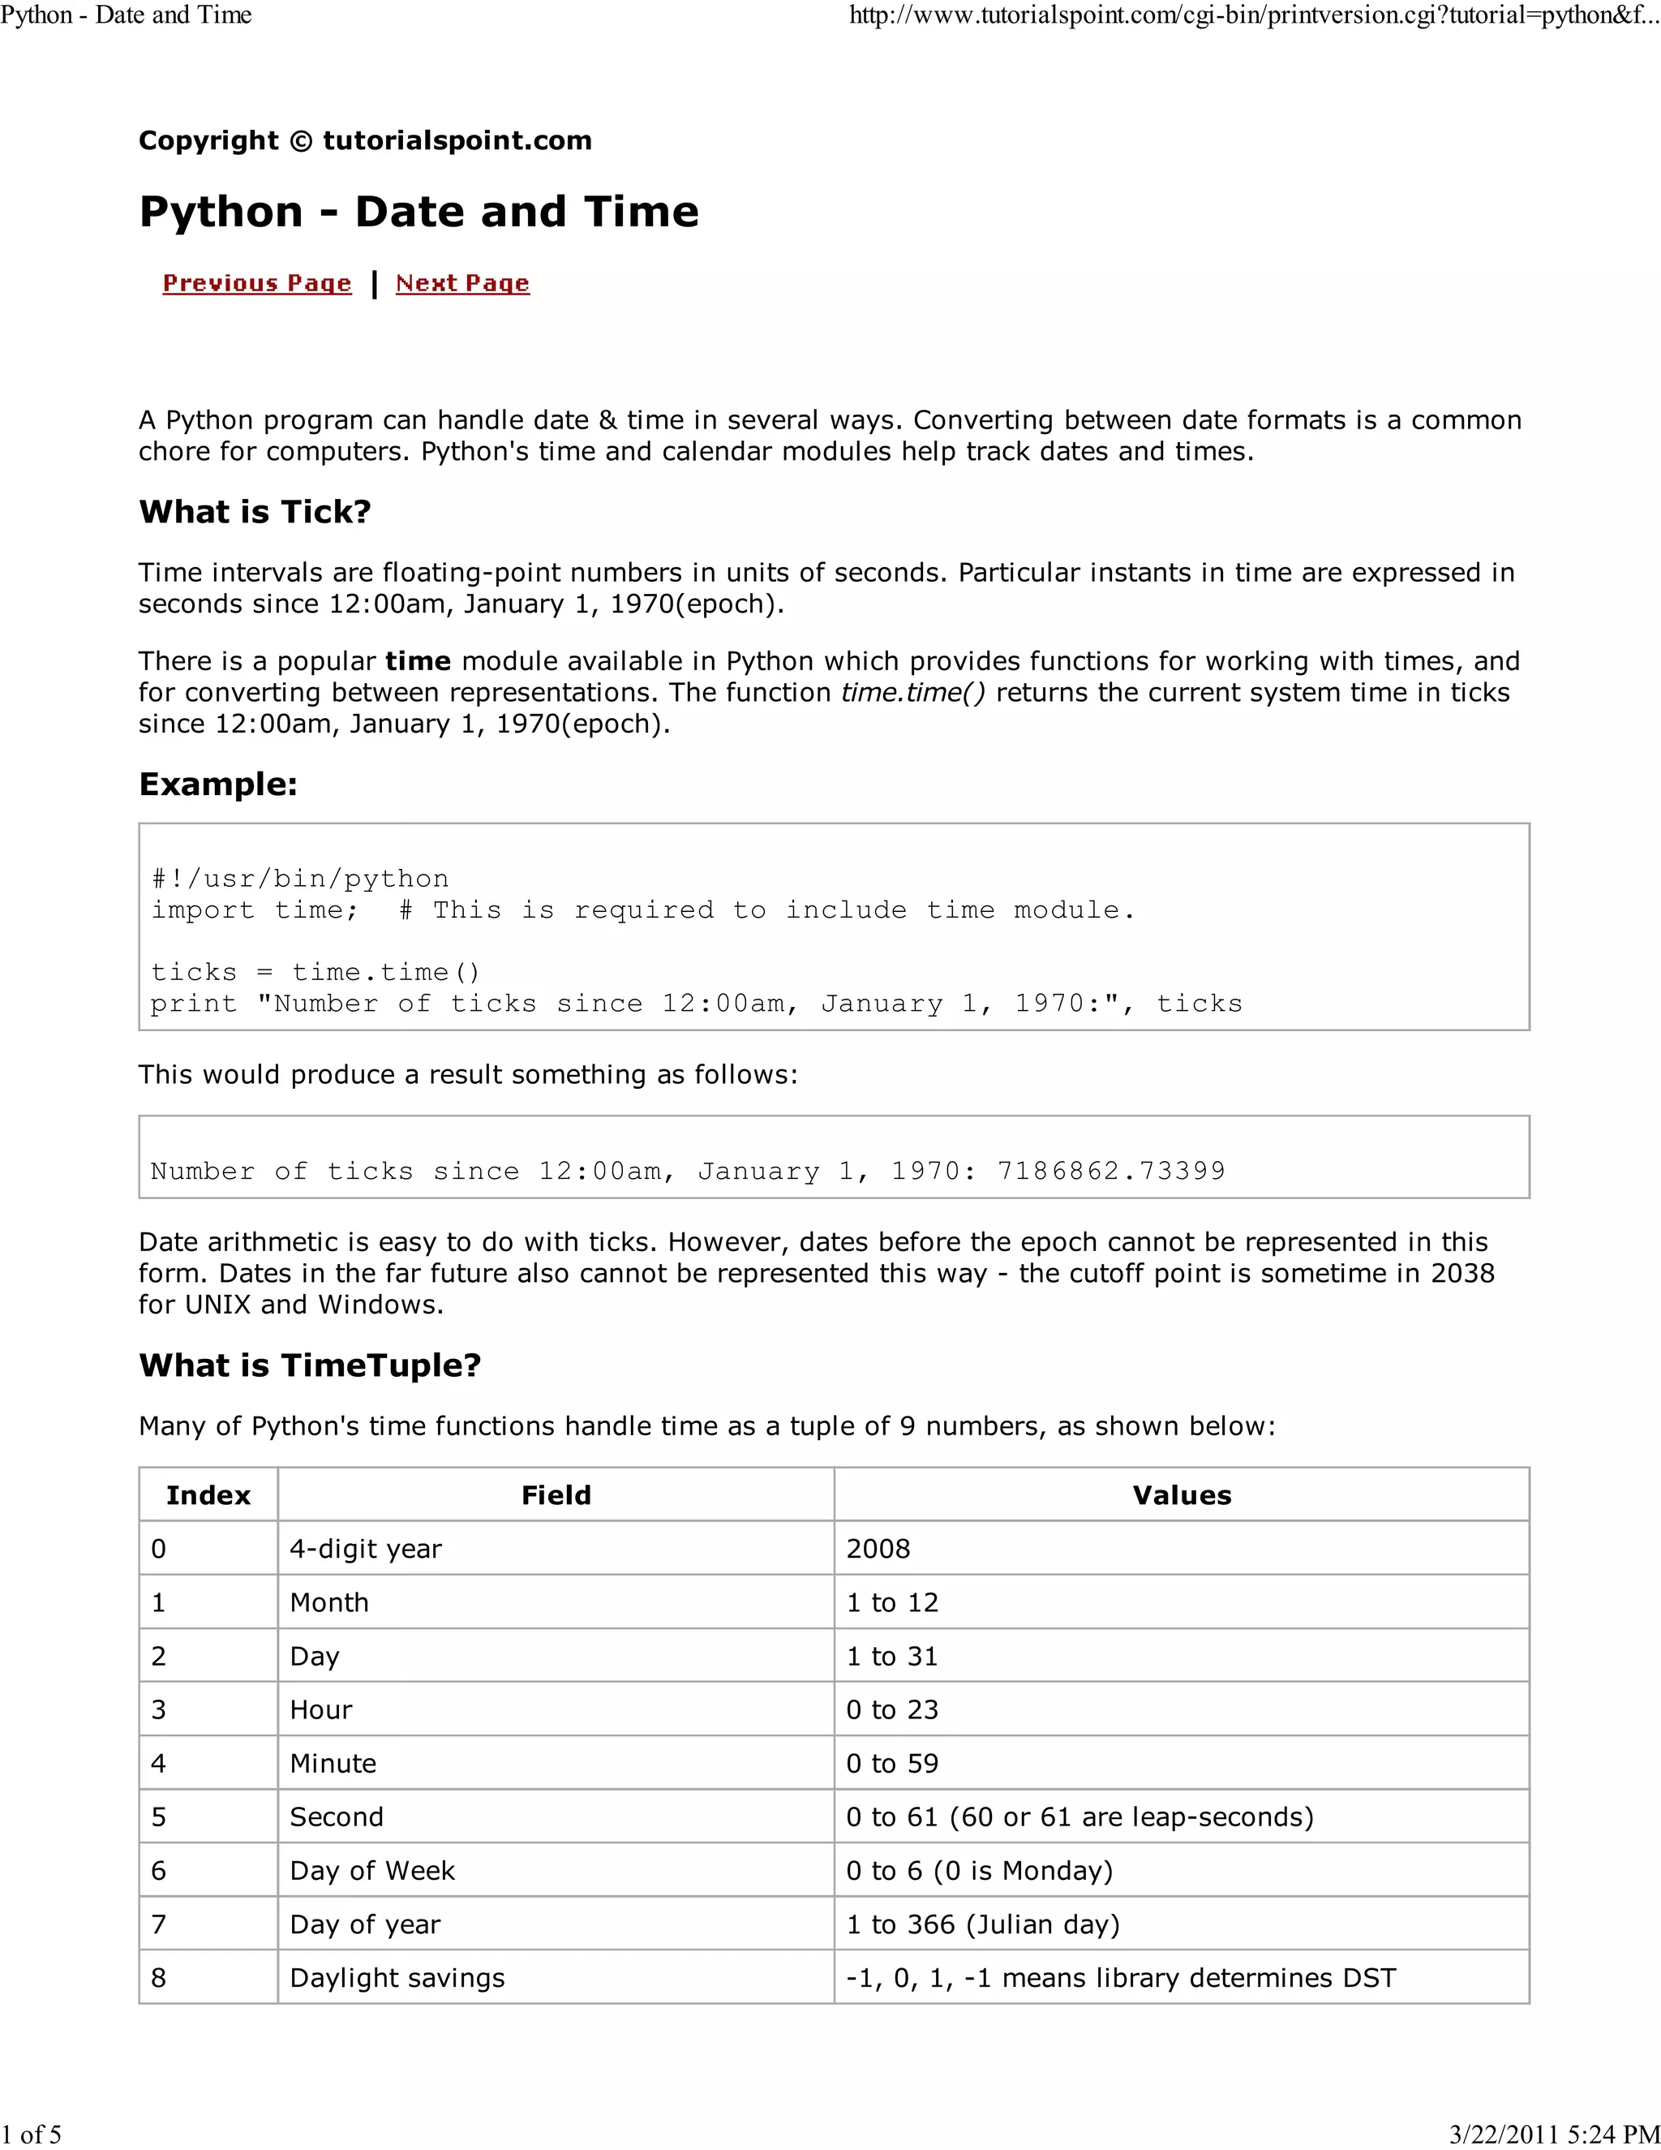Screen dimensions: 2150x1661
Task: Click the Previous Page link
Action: tap(257, 283)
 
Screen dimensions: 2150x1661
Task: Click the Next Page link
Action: tap(462, 283)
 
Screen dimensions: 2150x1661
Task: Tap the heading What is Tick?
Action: tap(255, 512)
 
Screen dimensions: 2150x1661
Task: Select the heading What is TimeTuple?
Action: tap(310, 1365)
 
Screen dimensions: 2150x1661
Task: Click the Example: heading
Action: tap(218, 785)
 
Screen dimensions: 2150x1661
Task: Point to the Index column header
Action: tap(208, 1495)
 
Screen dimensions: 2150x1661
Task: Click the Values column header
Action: tap(1181, 1495)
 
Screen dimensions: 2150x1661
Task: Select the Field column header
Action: tap(556, 1495)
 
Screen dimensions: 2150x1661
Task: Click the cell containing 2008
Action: tap(878, 1549)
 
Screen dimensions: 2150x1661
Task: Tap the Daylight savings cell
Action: tap(397, 1978)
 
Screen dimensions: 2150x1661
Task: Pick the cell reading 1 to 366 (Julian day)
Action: tap(983, 1924)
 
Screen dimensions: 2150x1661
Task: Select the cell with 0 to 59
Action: tap(892, 1763)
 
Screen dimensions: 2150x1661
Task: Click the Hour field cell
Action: tap(322, 1710)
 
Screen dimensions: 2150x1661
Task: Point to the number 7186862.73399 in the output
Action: tap(1111, 1172)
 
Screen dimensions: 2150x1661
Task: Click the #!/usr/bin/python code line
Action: tap(300, 879)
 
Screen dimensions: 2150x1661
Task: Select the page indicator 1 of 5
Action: tap(32, 2135)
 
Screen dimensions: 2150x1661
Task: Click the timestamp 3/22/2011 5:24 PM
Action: tap(1554, 2135)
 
